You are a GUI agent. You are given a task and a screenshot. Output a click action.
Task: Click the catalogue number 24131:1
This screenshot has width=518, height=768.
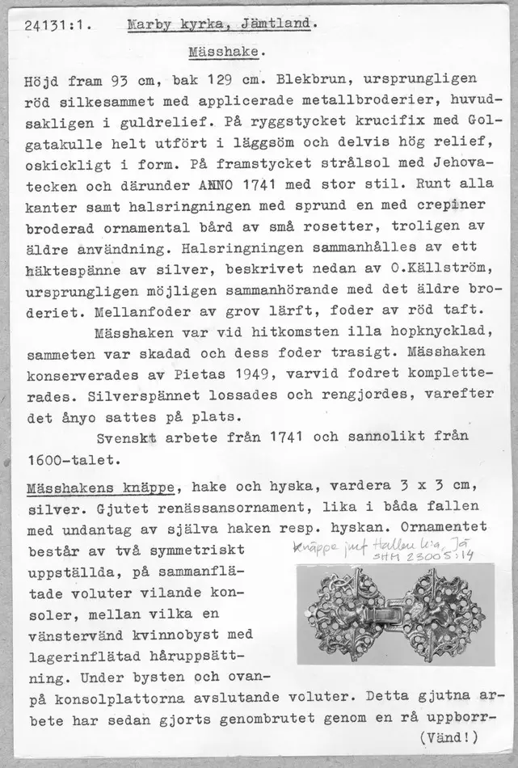[x=55, y=25]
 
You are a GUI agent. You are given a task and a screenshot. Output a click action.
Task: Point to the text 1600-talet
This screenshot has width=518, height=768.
[x=74, y=460]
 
